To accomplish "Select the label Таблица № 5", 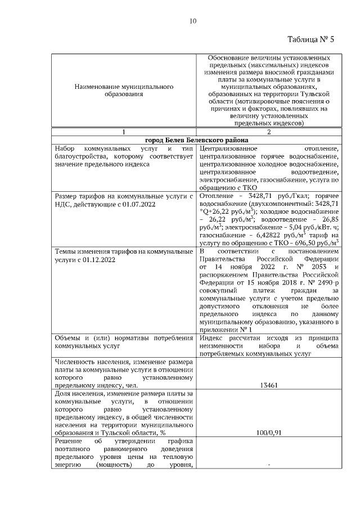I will (310, 39).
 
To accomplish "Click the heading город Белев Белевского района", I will (196, 139).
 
